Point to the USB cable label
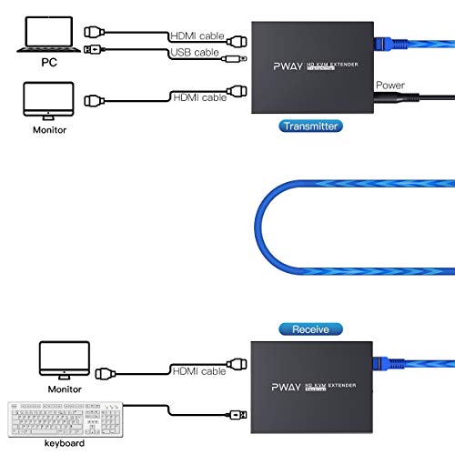coord(197,52)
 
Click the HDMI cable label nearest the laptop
coord(197,35)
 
